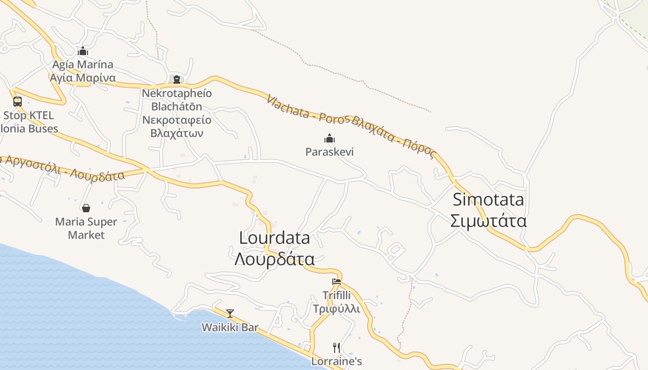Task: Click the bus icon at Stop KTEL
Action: [x=18, y=101]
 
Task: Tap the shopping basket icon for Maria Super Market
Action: [x=86, y=208]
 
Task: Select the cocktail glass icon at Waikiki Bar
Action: [x=230, y=313]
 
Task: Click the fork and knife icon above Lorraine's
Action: [x=336, y=347]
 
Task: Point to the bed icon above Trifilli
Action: [x=336, y=281]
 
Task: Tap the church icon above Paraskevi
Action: [x=330, y=138]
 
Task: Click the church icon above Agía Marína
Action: [x=83, y=51]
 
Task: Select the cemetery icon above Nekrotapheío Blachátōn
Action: [x=176, y=80]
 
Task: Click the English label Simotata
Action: [x=488, y=200]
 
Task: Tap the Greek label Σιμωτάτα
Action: [x=488, y=221]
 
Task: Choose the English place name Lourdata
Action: [x=274, y=238]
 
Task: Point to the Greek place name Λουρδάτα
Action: [x=274, y=259]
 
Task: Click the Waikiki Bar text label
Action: [x=230, y=327]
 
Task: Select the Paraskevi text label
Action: [x=330, y=152]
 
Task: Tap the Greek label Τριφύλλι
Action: [x=336, y=308]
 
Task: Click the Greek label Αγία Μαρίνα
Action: [x=83, y=77]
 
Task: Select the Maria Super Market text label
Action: [x=86, y=228]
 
